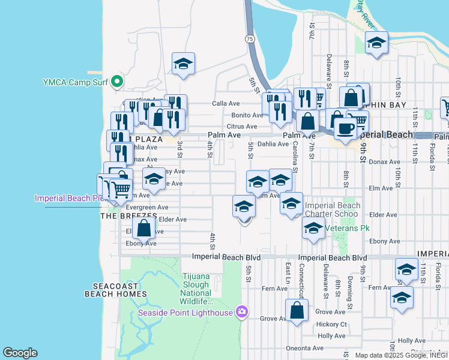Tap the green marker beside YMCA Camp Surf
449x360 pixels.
pos(117,82)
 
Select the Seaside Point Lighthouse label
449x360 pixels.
pos(186,312)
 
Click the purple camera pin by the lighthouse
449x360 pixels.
pos(241,311)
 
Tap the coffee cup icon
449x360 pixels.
pos(345,127)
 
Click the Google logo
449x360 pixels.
pos(20,353)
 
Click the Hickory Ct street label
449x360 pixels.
pos(331,325)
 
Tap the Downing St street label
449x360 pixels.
pos(348,290)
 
